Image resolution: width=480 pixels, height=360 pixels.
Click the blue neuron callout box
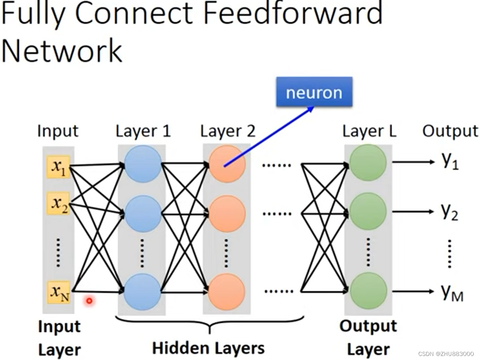314,93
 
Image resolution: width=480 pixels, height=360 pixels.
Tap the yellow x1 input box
58,167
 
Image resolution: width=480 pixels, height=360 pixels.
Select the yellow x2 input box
58,203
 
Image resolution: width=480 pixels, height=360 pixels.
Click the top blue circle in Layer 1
143,164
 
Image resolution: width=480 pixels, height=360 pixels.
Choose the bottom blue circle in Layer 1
142,291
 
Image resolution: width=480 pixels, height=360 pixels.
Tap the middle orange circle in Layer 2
227,214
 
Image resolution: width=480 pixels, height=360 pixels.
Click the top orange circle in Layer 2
227,164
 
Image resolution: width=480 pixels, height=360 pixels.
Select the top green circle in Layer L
367,163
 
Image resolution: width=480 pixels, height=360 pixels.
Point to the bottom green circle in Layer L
368,291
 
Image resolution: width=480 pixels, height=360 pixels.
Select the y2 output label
450,212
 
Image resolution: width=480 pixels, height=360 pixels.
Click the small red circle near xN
89,300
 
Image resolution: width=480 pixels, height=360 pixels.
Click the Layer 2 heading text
228,131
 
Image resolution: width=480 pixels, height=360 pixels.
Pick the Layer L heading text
369,131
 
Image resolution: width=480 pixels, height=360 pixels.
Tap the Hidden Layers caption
208,348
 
